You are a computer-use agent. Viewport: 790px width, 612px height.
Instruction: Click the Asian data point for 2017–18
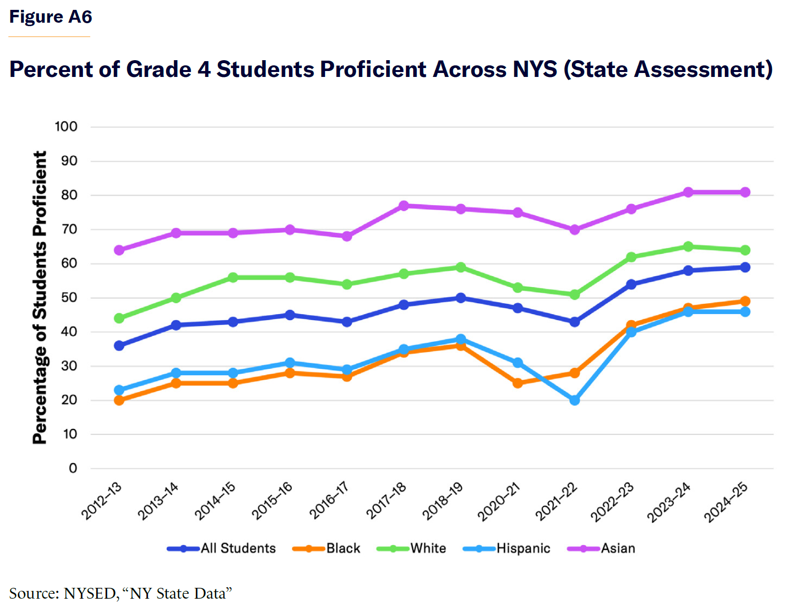[x=404, y=206]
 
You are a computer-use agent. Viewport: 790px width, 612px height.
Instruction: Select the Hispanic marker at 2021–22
[x=575, y=400]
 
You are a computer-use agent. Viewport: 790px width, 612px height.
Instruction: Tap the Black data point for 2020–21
[x=518, y=383]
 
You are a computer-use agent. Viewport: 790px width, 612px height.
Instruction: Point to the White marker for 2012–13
[x=119, y=318]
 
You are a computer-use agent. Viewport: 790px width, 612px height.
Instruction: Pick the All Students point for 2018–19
[x=461, y=298]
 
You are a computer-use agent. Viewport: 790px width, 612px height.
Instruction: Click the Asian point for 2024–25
[x=745, y=192]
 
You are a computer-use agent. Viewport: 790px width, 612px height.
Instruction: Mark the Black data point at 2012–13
[x=119, y=400]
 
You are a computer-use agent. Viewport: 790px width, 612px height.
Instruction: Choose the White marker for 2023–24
[x=688, y=247]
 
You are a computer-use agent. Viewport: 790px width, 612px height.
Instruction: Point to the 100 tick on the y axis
[x=66, y=127]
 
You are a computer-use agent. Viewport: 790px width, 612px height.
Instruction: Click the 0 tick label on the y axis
[x=73, y=468]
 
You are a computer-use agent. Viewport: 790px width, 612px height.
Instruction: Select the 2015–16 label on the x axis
[x=272, y=501]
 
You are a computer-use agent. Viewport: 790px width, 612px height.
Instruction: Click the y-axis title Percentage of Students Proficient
[x=39, y=297]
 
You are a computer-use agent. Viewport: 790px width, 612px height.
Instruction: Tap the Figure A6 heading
[x=51, y=17]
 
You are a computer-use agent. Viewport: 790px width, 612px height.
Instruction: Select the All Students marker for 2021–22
[x=575, y=322]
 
